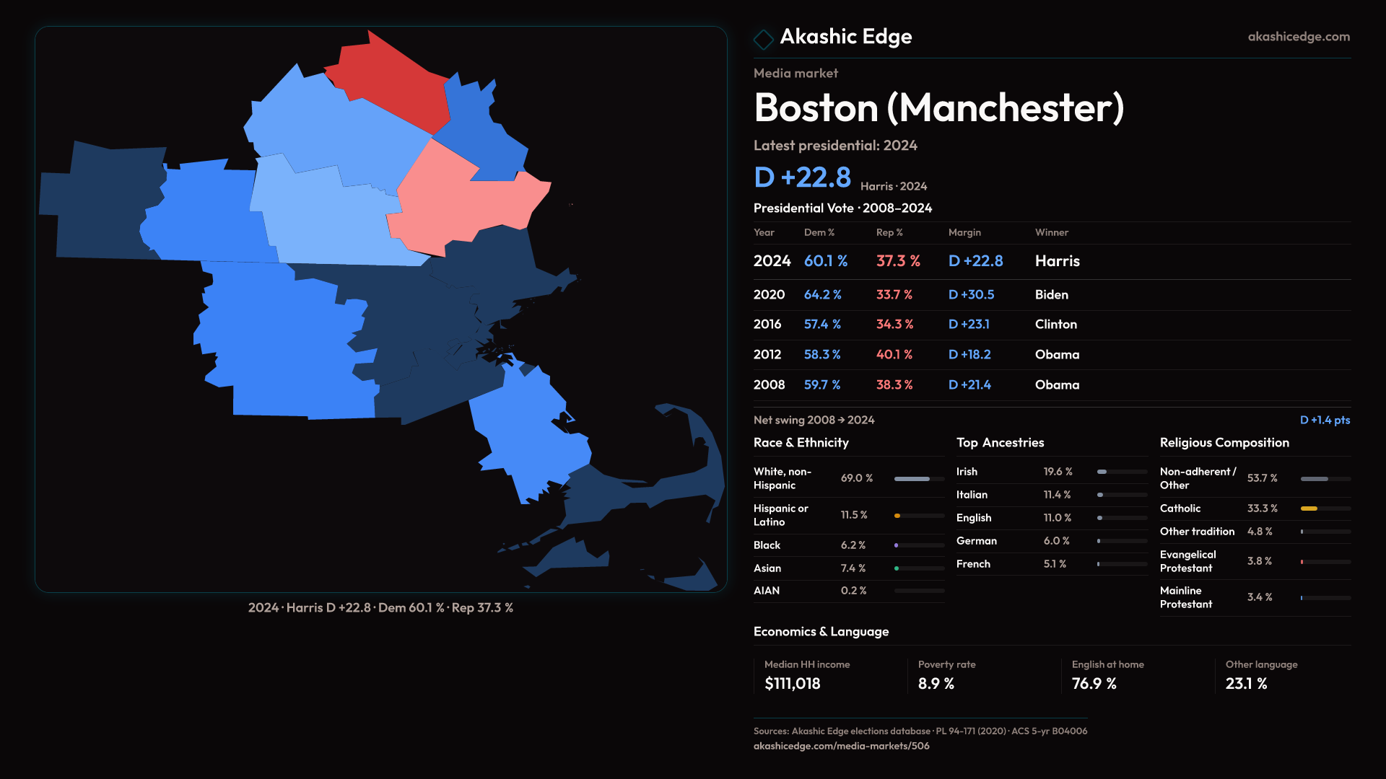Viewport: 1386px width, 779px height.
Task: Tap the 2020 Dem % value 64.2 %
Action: [822, 295]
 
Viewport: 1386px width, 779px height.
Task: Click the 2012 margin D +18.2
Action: [969, 355]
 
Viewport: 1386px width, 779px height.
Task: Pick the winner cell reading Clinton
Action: [1055, 325]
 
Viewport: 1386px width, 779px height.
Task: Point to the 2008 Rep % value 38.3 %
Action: [894, 385]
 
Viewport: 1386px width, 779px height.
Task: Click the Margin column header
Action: [964, 232]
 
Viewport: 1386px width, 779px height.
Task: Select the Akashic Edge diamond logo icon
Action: [763, 38]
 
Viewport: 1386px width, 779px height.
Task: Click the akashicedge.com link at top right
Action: [1298, 37]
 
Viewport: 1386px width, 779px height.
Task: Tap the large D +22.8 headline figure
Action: [802, 177]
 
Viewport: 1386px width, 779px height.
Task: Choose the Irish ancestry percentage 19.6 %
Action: [1058, 472]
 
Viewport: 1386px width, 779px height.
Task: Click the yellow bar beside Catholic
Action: [1309, 509]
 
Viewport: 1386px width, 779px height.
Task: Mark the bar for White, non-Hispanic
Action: [912, 479]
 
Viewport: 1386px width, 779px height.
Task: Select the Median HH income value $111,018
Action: [792, 684]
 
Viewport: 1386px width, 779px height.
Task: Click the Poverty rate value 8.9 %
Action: [936, 684]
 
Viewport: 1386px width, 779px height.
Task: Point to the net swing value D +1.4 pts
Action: [1325, 420]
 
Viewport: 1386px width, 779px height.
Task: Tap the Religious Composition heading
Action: [1224, 443]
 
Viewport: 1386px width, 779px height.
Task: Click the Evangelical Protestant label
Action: [1187, 561]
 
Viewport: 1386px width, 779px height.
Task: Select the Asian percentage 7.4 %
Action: [853, 568]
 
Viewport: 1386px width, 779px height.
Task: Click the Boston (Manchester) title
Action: [938, 108]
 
